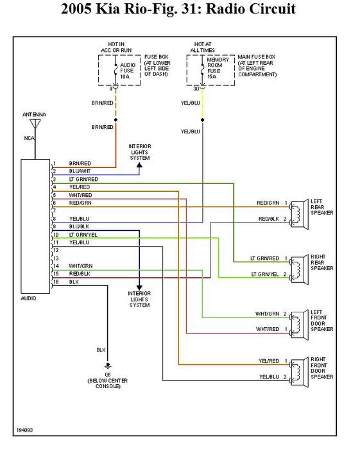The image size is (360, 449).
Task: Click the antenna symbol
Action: pyautogui.click(x=35, y=124)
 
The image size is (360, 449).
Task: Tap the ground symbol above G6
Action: pyautogui.click(x=108, y=366)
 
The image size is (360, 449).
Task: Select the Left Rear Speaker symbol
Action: pyautogui.click(x=299, y=215)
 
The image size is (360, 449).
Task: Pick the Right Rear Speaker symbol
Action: pyautogui.click(x=299, y=270)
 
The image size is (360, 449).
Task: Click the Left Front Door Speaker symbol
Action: pyautogui.click(x=299, y=325)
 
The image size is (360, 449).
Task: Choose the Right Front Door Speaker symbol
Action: pyautogui.click(x=299, y=373)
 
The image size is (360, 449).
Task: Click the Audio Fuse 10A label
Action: pyautogui.click(x=127, y=71)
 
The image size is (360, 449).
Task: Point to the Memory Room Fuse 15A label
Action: pyautogui.click(x=218, y=68)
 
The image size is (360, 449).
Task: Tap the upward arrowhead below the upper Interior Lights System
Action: pyautogui.click(x=139, y=165)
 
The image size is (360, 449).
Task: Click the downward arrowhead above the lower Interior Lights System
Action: pyautogui.click(x=139, y=287)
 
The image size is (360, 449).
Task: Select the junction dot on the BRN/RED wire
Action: pyautogui.click(x=116, y=120)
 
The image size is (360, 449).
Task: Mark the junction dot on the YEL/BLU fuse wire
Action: pyautogui.click(x=203, y=120)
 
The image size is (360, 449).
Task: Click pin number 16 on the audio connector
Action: pyautogui.click(x=56, y=282)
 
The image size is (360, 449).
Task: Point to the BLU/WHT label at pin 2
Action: pyautogui.click(x=80, y=171)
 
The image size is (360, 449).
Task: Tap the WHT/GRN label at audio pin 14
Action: pyautogui.click(x=81, y=266)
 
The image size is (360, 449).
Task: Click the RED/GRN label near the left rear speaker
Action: pyautogui.click(x=268, y=203)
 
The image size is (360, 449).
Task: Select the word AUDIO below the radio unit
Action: pyautogui.click(x=28, y=298)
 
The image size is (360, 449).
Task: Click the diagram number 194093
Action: pyautogui.click(x=24, y=430)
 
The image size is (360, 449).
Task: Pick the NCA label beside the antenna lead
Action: pyautogui.click(x=29, y=139)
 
